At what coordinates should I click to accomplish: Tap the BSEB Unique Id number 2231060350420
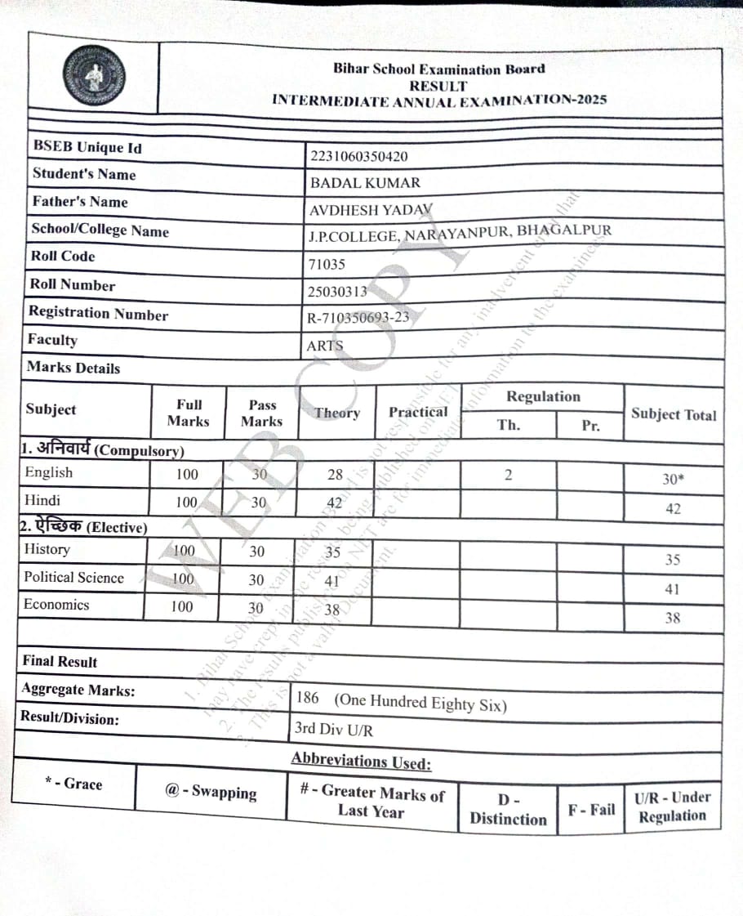point(358,156)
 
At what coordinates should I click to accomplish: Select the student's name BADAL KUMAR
point(365,183)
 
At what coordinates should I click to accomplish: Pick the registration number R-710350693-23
point(358,319)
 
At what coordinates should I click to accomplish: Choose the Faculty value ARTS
point(325,346)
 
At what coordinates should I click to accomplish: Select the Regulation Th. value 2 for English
point(508,475)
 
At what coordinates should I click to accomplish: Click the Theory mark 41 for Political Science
point(331,581)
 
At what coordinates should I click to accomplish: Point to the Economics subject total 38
point(672,618)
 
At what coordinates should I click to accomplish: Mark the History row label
point(47,549)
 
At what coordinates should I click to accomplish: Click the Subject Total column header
point(674,414)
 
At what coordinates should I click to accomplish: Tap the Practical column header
point(418,412)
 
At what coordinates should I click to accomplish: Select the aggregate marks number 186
point(308,699)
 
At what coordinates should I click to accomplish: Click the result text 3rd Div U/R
point(334,729)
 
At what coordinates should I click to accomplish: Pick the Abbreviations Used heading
point(361,761)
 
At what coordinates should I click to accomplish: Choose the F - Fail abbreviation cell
point(591,810)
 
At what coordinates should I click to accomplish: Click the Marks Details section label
point(73,368)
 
